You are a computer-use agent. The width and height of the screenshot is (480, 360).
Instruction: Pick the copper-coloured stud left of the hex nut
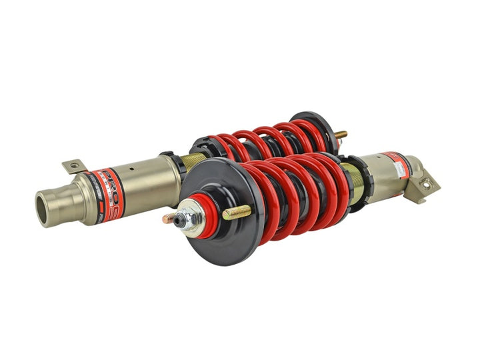click(x=170, y=218)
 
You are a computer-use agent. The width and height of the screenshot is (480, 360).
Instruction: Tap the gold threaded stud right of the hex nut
click(x=236, y=213)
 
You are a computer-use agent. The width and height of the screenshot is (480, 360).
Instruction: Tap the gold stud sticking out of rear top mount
click(x=341, y=134)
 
